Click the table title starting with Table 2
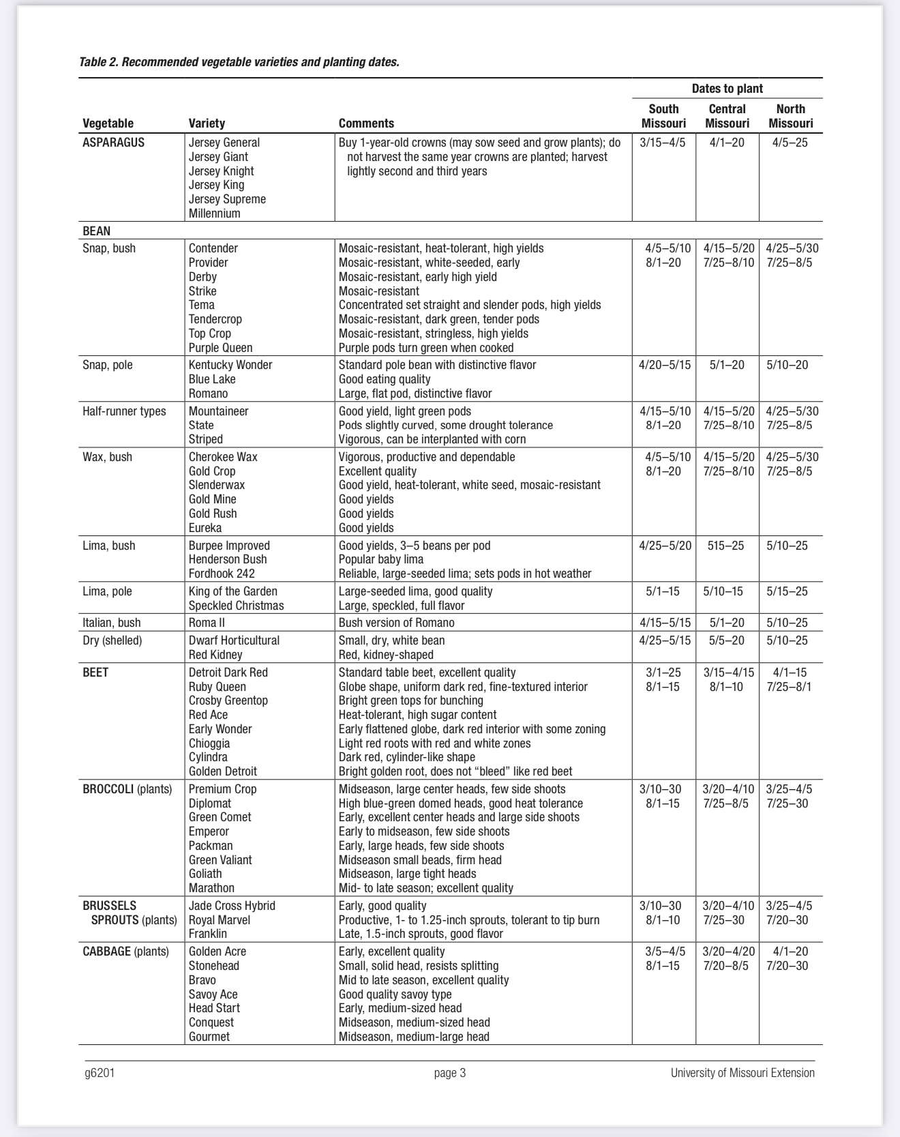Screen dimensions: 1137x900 239,62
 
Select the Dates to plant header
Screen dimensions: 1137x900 727,89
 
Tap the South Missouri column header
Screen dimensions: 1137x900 663,116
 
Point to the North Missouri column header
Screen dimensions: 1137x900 790,116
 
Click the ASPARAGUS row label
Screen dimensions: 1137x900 114,143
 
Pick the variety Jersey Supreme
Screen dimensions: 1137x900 227,199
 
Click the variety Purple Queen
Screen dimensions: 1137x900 220,348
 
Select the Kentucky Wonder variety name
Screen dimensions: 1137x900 230,365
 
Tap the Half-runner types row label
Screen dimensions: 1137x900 124,411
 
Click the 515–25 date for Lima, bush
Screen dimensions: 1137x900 726,546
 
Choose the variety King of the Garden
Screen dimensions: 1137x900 233,591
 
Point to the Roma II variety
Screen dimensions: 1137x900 207,623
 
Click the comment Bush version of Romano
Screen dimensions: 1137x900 396,623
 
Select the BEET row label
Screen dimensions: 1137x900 95,673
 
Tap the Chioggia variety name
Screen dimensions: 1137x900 209,743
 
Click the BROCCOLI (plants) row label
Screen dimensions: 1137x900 127,789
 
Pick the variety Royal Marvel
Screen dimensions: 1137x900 220,920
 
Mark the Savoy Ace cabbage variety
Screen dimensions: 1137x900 213,994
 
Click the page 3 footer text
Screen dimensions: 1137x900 450,1073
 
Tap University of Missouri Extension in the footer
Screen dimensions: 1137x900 742,1073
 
